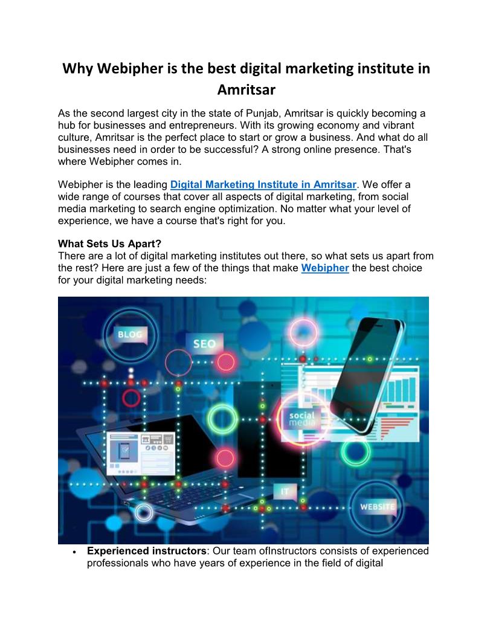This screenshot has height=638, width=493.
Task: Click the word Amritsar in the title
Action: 246,90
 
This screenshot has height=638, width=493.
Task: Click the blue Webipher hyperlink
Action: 325,268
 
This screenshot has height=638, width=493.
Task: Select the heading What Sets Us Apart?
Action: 109,245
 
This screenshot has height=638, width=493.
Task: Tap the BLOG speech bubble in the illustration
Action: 130,334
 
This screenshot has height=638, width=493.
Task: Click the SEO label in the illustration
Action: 204,344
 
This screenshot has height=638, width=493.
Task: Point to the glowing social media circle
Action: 301,419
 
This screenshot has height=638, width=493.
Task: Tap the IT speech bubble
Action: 285,491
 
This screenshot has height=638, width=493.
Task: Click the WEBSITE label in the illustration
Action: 377,506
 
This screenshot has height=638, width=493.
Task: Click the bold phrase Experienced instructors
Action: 147,551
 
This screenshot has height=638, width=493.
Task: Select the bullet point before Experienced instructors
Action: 73,552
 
